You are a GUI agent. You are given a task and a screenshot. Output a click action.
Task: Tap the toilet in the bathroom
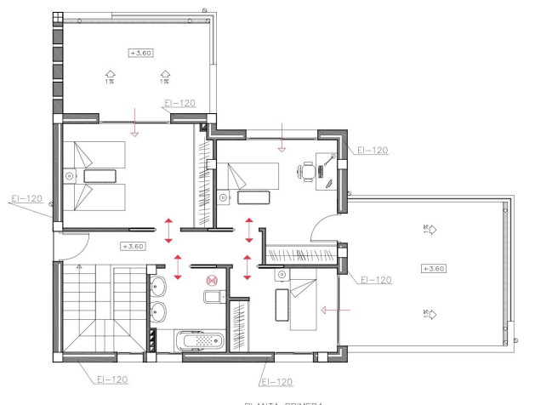pos(213,296)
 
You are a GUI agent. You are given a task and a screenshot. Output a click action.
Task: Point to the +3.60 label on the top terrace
pos(139,53)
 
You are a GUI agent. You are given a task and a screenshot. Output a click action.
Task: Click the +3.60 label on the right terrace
pos(433,268)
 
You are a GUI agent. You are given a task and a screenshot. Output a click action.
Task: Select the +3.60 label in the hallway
pos(133,247)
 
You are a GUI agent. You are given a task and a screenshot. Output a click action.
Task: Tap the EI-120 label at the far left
pos(26,199)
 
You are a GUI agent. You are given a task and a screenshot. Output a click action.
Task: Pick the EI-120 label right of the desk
pos(372,150)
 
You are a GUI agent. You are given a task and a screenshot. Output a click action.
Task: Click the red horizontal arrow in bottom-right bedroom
pos(334,311)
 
